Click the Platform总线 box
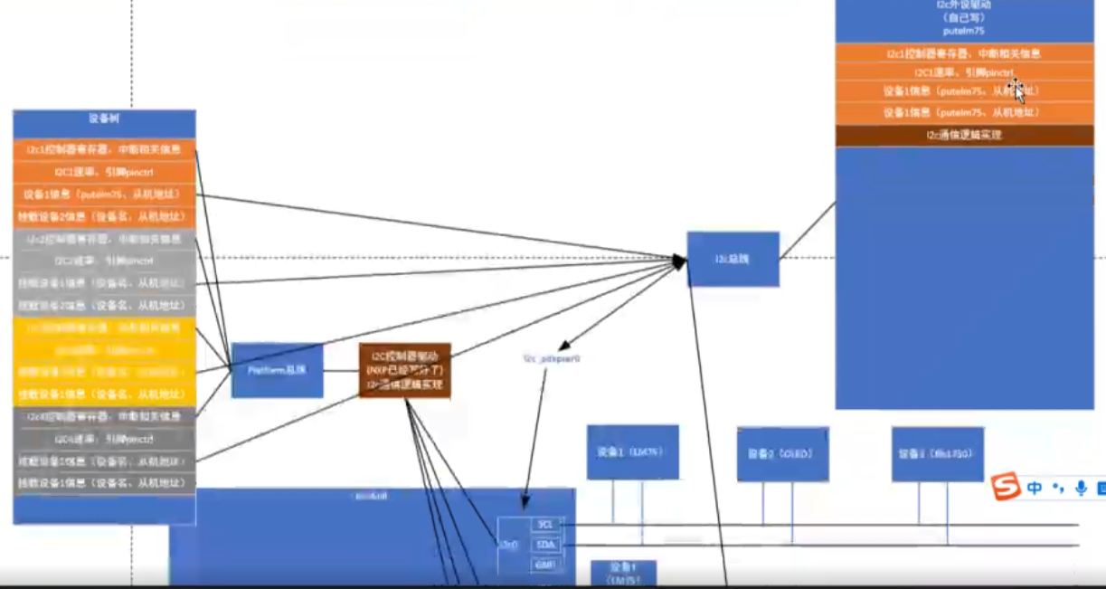click(277, 370)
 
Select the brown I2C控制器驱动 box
click(404, 370)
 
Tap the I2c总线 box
click(733, 259)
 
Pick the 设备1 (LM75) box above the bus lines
click(632, 451)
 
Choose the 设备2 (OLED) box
click(782, 453)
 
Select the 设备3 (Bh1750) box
click(937, 453)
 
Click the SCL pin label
click(545, 525)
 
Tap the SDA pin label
click(545, 545)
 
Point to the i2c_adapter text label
click(551, 359)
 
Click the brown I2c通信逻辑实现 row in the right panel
click(964, 136)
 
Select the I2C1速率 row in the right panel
click(964, 72)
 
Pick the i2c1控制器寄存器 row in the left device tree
click(104, 149)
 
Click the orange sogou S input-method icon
click(1005, 488)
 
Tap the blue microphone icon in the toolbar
click(1081, 489)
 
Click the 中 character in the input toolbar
click(1035, 489)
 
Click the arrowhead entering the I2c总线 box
click(680, 261)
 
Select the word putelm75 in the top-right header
click(964, 31)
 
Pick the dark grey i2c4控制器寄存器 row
click(104, 417)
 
